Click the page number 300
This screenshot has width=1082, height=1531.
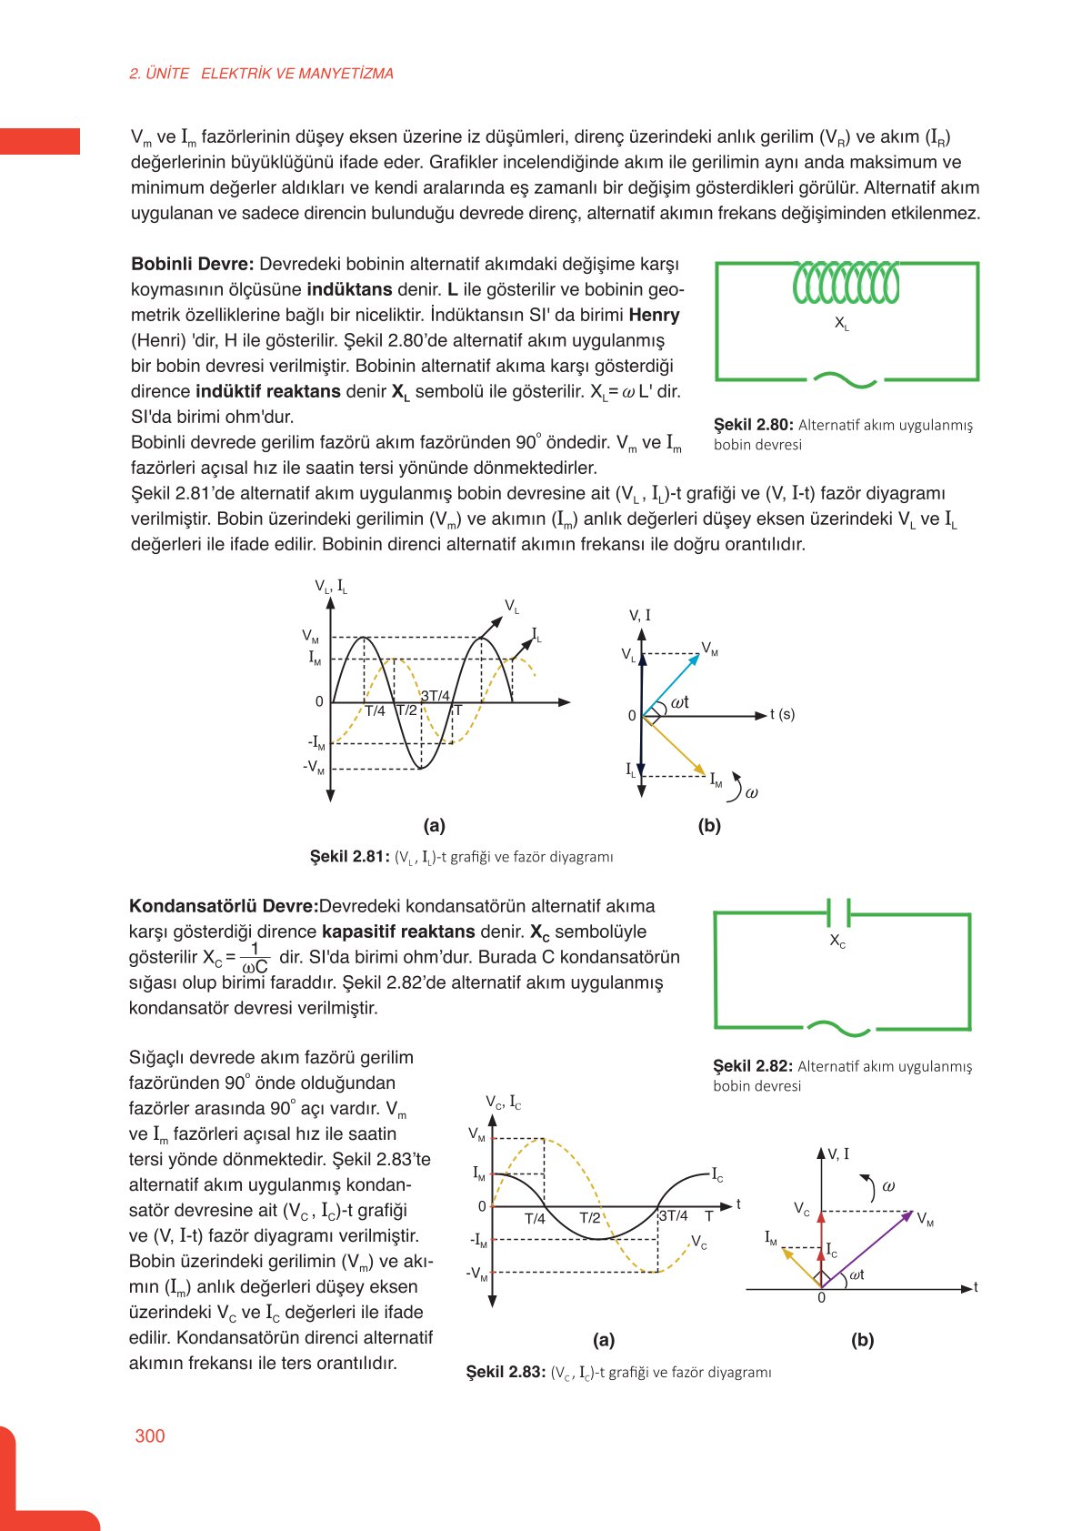[150, 1435]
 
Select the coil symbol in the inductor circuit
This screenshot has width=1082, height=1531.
[846, 282]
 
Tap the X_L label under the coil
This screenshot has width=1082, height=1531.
[842, 323]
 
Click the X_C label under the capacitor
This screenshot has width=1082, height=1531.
[837, 942]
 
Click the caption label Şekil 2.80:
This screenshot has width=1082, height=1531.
[754, 425]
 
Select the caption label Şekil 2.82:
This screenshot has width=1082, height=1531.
[753, 1066]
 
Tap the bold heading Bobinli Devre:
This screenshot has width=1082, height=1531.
[193, 265]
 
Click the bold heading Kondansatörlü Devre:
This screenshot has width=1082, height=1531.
[224, 906]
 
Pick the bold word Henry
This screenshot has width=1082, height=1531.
[655, 316]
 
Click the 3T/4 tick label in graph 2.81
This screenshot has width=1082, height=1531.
[436, 696]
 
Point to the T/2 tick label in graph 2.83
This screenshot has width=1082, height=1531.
[590, 1218]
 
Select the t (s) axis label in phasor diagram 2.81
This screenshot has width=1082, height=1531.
[782, 714]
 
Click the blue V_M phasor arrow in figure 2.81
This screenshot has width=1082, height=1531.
[673, 683]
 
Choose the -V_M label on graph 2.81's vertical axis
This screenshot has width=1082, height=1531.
[314, 768]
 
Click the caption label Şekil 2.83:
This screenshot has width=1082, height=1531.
[506, 1372]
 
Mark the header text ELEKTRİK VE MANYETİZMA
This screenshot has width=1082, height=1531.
[297, 74]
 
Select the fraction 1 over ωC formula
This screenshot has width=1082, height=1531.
[255, 958]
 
